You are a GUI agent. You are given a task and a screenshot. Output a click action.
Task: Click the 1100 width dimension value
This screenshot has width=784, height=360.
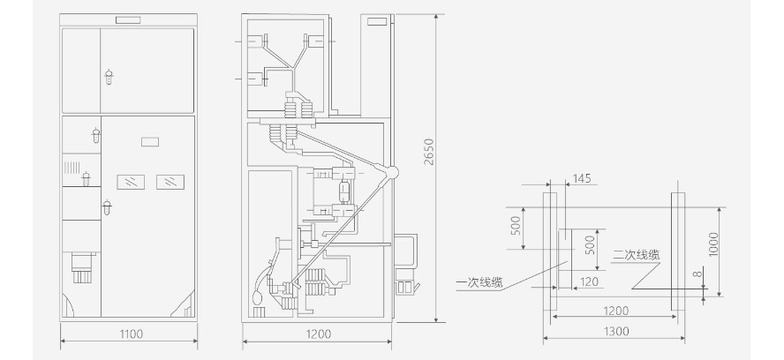tap(131, 334)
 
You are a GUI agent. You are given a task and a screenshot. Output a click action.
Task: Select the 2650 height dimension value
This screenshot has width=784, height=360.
tap(429, 152)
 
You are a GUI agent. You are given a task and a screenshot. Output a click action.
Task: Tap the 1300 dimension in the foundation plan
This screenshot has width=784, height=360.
tap(616, 331)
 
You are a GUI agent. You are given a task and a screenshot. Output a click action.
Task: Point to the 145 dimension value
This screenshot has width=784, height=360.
tap(582, 178)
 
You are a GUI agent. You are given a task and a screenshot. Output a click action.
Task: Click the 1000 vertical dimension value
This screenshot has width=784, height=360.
tap(713, 244)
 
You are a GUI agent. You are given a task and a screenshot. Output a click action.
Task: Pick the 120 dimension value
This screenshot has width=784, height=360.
tap(589, 282)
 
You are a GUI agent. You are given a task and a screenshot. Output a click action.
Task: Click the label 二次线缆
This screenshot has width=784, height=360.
tap(636, 254)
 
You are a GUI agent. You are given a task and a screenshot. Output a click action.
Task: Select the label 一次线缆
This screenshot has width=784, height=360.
tap(479, 283)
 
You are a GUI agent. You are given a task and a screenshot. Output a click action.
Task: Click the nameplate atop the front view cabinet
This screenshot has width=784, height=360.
tap(128, 20)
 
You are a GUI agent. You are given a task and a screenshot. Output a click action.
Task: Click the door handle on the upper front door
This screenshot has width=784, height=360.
tap(109, 77)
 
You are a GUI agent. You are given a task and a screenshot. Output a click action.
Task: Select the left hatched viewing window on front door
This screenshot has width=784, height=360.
tap(131, 182)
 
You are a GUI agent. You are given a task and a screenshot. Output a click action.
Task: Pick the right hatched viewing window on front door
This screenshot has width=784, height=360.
tap(170, 182)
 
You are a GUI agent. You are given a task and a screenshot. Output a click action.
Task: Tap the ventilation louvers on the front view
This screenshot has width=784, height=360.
tap(72, 167)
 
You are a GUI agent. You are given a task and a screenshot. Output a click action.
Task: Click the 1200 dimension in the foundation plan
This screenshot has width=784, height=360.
tap(615, 311)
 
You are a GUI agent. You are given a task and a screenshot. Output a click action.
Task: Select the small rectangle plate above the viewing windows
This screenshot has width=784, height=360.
tap(150, 142)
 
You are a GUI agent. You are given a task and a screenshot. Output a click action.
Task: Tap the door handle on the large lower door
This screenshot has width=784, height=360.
tap(107, 207)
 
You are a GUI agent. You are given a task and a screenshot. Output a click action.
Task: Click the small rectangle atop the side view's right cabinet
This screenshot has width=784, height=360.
tap(377, 21)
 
